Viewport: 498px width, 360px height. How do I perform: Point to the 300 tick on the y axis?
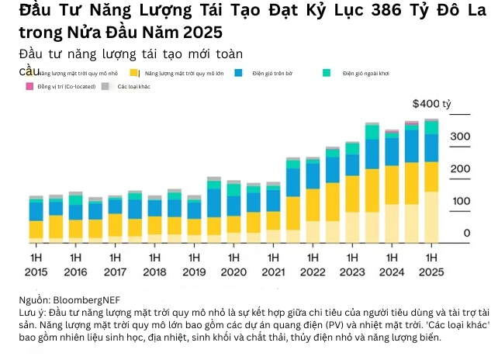tap(461, 137)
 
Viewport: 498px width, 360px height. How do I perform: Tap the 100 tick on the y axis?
tap(461, 201)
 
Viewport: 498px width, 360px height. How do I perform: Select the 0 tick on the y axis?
tap(466, 233)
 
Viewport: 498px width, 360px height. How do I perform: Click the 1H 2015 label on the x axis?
tap(36, 265)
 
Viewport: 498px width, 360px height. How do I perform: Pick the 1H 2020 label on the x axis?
tap(233, 265)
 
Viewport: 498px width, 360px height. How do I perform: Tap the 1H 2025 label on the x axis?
tap(431, 265)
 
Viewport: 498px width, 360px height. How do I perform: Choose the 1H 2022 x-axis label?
tap(313, 265)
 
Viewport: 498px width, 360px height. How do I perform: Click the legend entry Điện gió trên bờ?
tap(272, 73)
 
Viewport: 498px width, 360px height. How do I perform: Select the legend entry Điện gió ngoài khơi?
tap(365, 73)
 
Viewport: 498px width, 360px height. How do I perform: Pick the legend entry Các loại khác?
tap(133, 86)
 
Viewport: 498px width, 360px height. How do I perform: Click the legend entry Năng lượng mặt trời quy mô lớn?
tap(183, 73)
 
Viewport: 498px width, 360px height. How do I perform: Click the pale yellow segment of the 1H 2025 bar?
tap(431, 216)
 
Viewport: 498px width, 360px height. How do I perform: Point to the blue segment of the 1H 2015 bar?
tap(36, 211)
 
